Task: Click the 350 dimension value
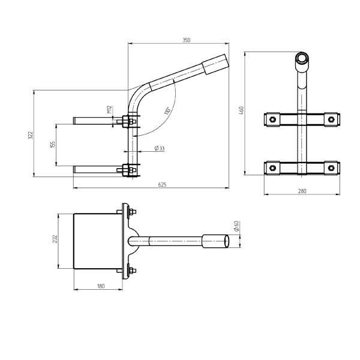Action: tap(186, 40)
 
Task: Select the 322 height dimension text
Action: tap(31, 136)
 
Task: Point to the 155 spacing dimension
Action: tap(52, 145)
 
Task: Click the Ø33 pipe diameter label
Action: tap(160, 148)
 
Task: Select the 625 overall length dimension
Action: tap(162, 185)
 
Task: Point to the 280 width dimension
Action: tap(302, 191)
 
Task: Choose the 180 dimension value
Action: tap(100, 286)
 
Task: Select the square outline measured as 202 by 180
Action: tap(96, 241)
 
